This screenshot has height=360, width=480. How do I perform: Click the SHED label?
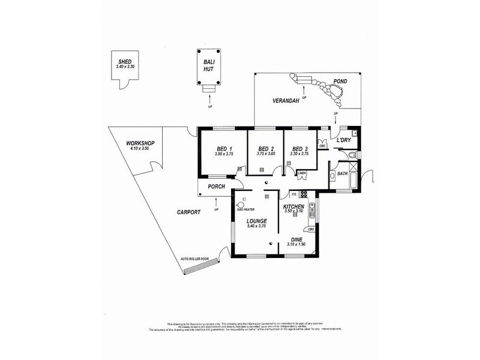(x=125, y=62)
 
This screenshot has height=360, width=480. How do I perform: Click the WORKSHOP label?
(x=140, y=142)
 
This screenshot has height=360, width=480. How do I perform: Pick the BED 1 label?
(x=223, y=149)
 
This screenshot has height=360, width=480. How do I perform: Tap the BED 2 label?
(x=265, y=149)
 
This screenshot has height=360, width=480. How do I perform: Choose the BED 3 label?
(x=300, y=149)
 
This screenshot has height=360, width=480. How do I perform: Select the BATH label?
(x=342, y=174)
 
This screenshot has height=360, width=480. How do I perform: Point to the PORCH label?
(x=216, y=187)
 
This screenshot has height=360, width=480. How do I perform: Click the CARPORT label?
(x=188, y=212)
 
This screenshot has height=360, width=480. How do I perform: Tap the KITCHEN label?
(x=294, y=206)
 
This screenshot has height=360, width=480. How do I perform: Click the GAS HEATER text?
(x=246, y=210)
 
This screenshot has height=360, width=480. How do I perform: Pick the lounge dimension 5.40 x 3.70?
(x=256, y=226)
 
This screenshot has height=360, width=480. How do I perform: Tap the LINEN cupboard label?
(x=302, y=173)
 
